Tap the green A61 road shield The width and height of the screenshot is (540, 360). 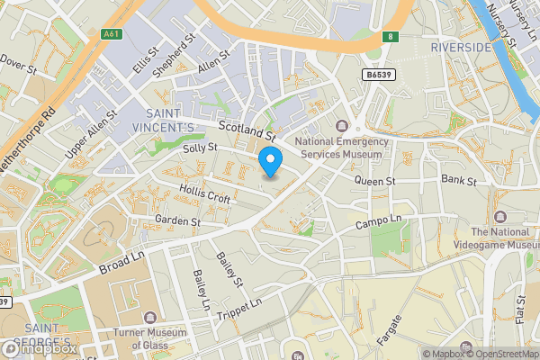(112, 35)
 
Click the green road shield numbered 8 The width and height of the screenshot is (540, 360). (390, 36)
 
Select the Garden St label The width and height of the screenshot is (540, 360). (176, 220)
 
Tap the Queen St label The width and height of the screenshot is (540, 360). (374, 181)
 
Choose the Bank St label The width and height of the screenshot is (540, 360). (463, 181)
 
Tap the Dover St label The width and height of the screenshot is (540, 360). (19, 64)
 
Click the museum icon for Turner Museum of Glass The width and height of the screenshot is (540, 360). (149, 318)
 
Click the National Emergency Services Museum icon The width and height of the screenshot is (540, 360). (341, 125)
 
